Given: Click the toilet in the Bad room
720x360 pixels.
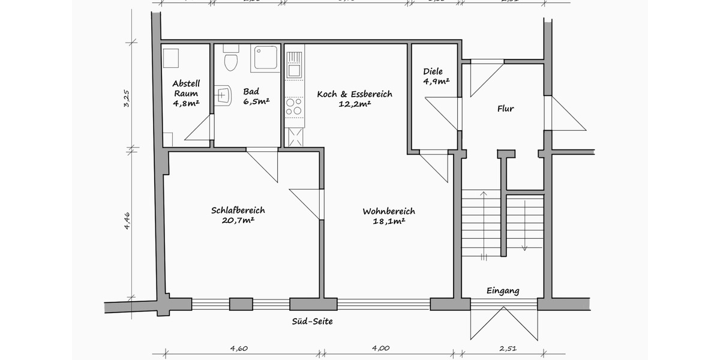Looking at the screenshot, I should point(230,61).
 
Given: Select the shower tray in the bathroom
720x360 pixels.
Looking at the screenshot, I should point(266,58).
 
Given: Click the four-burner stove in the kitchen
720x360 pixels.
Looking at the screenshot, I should point(294,107).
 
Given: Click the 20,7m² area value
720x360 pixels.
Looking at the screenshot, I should point(238,220).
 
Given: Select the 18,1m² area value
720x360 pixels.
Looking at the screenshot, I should point(388,221).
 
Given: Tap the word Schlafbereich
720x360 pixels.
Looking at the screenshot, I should point(238,210).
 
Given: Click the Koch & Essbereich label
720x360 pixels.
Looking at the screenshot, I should point(354,94).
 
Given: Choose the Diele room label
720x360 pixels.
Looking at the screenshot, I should point(433,71).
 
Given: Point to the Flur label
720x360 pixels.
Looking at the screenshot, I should point(506,109).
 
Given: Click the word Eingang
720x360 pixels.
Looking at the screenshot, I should point(503,291).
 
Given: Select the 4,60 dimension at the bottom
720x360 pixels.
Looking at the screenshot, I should point(239,348).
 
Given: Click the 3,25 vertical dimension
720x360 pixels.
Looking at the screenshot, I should point(127,98).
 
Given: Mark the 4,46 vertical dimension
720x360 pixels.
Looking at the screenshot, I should point(127,221).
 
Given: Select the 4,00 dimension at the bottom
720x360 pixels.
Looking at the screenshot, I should point(380,348).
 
